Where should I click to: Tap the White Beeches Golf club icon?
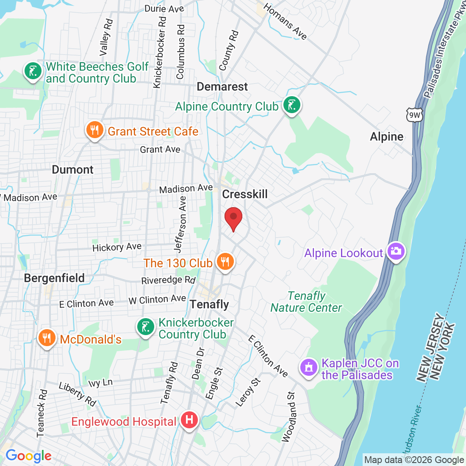[x=33, y=71]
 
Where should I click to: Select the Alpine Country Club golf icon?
[x=291, y=104]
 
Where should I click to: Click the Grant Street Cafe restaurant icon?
[x=94, y=130]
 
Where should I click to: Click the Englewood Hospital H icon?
[x=189, y=420]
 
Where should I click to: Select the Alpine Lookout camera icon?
[x=396, y=251]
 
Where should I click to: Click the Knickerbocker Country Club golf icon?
[x=146, y=327]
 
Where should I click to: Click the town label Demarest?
[x=222, y=87]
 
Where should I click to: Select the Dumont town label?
[x=72, y=170]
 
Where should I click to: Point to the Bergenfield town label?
[x=54, y=278]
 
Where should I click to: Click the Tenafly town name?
[x=209, y=304]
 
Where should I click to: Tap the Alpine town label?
[x=387, y=136]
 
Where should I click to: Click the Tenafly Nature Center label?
[x=306, y=302]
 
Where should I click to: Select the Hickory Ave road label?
[x=117, y=247]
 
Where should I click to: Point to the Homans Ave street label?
[x=285, y=21]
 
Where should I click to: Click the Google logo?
[x=28, y=456]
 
